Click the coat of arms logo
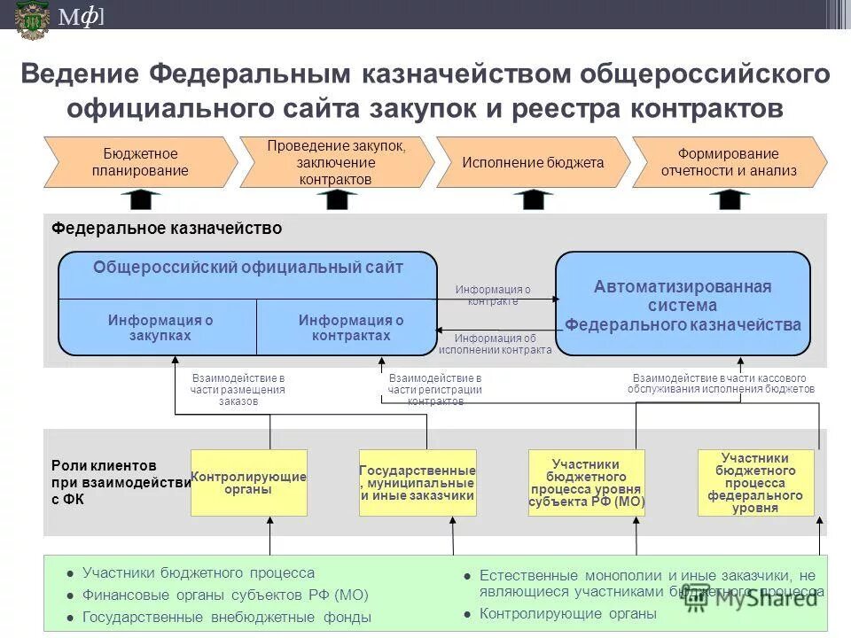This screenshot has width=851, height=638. [32, 19]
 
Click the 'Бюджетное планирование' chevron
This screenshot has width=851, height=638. [140, 162]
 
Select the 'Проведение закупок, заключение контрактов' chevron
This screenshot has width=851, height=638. [336, 162]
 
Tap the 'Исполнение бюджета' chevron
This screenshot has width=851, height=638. [532, 162]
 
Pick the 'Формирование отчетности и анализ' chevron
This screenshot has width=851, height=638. [729, 162]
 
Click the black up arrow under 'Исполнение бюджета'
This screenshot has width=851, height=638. [533, 199]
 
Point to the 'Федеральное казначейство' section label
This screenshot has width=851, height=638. [167, 229]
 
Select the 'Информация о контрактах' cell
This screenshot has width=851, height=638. [350, 328]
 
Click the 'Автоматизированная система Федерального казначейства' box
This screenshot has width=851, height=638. [683, 304]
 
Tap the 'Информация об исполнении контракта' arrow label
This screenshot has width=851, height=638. [495, 344]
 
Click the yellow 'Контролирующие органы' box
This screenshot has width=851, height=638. [249, 483]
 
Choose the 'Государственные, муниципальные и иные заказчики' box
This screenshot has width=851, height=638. [418, 483]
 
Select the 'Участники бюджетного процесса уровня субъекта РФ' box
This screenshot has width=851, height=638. [586, 483]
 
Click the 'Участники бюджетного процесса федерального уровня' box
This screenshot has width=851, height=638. [755, 483]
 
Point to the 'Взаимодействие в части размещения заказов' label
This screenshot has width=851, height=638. [238, 390]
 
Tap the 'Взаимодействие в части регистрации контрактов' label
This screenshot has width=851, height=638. [434, 390]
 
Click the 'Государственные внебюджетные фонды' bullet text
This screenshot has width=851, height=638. [227, 617]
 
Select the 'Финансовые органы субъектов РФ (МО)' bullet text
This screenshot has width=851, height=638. [225, 595]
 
